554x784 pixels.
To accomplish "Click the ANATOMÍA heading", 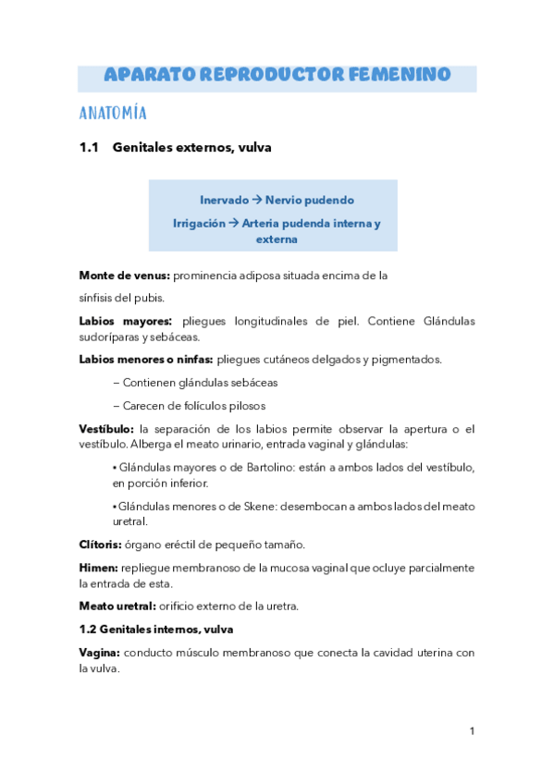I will [114, 114].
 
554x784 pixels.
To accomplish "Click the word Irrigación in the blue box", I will [199, 224].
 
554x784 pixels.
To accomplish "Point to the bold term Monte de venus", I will [124, 275].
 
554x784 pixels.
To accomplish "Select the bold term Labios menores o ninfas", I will [146, 359].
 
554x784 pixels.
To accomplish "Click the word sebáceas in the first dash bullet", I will [252, 382].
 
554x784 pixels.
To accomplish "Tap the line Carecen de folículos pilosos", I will [189, 405].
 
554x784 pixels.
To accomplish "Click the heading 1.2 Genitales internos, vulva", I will [169, 629].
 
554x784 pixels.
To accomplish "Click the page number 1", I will [472, 731].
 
